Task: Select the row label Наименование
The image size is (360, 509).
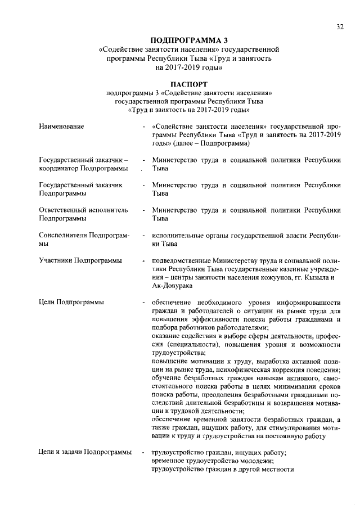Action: [62, 127]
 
